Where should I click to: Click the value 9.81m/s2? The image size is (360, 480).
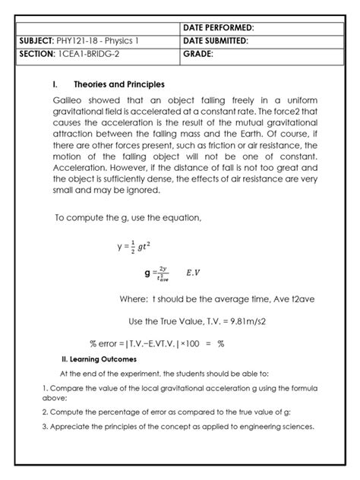242,321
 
